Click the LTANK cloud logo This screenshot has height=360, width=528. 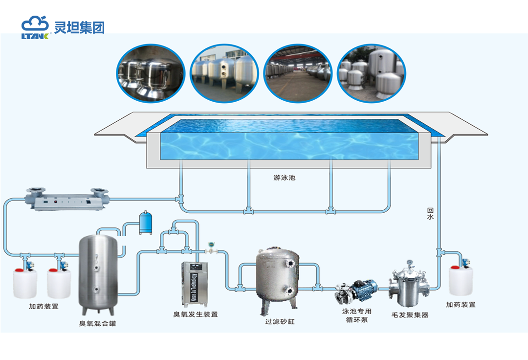point(35,27)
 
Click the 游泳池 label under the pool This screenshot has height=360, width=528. point(284,178)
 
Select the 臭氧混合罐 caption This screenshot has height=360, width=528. point(98,323)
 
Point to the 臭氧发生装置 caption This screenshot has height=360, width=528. point(196,315)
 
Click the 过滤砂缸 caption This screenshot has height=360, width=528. point(280,322)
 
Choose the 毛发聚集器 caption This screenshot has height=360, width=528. point(410,315)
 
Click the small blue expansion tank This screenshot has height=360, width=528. point(146,223)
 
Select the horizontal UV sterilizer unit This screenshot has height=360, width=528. point(68,199)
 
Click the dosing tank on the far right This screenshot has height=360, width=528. point(461,280)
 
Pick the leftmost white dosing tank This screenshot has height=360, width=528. point(25,283)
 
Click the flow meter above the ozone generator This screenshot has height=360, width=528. point(212,247)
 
